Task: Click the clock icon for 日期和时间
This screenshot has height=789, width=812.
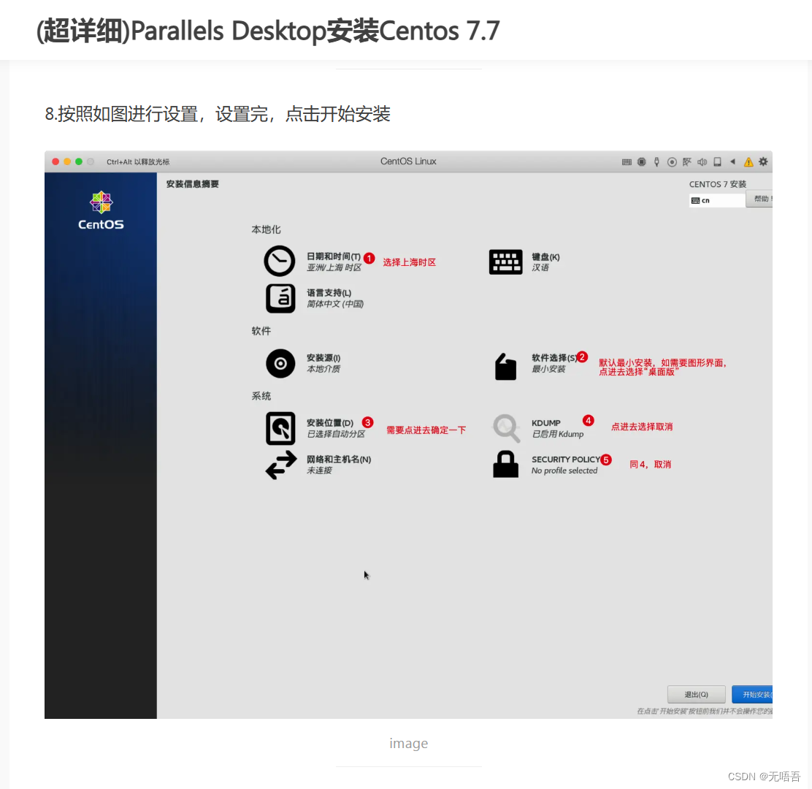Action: (280, 261)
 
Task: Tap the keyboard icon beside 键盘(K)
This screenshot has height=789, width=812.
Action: (505, 262)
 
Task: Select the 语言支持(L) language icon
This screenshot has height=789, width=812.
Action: (280, 298)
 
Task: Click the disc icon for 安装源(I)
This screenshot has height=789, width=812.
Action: (280, 363)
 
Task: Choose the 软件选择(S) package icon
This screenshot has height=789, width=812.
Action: (505, 366)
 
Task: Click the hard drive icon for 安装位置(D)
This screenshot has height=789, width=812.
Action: (280, 428)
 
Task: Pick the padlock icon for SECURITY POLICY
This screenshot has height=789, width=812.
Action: (505, 465)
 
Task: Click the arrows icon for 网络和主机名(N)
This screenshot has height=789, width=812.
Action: (280, 465)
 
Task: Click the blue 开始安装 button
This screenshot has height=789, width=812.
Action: (752, 694)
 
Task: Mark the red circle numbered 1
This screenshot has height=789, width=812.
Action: (369, 258)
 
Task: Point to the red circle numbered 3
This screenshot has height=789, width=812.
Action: (368, 422)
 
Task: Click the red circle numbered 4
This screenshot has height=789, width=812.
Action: (589, 420)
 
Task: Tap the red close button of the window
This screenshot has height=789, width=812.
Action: (55, 161)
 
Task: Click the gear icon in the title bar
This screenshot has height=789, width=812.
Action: (763, 161)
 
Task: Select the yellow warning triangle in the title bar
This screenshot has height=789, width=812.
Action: (748, 162)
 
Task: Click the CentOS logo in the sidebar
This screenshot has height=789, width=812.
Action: (101, 210)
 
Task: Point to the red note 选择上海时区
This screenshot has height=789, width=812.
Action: (409, 262)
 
